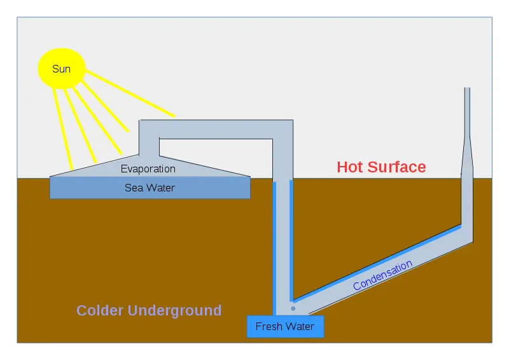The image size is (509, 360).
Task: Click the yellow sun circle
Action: point(62,69)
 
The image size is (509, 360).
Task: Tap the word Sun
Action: point(61,69)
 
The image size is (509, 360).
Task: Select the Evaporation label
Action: point(148,169)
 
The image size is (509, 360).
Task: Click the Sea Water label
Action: point(150,188)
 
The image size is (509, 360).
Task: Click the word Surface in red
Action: point(396,167)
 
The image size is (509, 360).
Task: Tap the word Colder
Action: point(100,310)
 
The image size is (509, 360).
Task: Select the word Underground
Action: point(174,310)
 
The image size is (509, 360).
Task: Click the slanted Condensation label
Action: point(382,275)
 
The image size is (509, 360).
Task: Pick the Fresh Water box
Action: point(285,326)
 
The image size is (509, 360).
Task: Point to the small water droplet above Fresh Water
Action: point(293,308)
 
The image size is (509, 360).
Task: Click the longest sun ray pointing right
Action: point(130,93)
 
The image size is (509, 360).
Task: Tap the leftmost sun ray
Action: point(62,128)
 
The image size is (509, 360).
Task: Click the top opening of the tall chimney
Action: point(467,88)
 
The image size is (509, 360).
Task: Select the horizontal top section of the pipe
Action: point(216,130)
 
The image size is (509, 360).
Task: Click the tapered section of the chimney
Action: point(467,156)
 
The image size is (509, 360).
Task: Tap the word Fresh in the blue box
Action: point(267,326)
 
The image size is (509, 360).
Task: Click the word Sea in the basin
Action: point(134,188)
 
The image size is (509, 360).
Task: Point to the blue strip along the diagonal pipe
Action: point(377,262)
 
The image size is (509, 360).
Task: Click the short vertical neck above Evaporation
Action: point(150,147)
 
